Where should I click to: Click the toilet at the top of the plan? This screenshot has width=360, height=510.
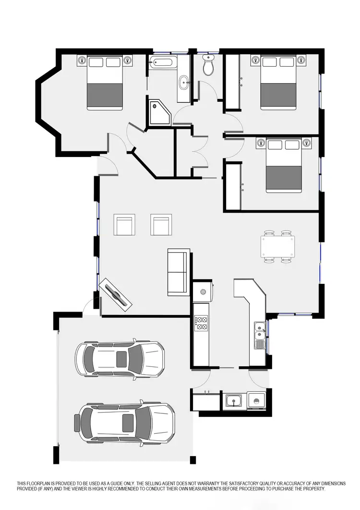click(x=208, y=66)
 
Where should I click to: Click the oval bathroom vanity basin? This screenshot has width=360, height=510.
click(x=184, y=83)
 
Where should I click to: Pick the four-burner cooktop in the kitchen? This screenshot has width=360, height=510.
click(x=201, y=323)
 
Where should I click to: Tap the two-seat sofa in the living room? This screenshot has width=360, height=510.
click(x=179, y=272)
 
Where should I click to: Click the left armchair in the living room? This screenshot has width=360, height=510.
click(x=124, y=225)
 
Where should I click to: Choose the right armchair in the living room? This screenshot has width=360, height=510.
click(x=161, y=225)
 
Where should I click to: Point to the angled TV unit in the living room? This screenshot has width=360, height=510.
click(x=116, y=294)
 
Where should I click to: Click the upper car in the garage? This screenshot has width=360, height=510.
click(x=120, y=359)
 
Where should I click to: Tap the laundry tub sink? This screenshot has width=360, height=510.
click(x=234, y=401)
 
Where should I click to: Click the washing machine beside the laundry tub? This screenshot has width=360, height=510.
click(x=256, y=401)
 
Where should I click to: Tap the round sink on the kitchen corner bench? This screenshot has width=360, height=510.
click(x=203, y=291)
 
